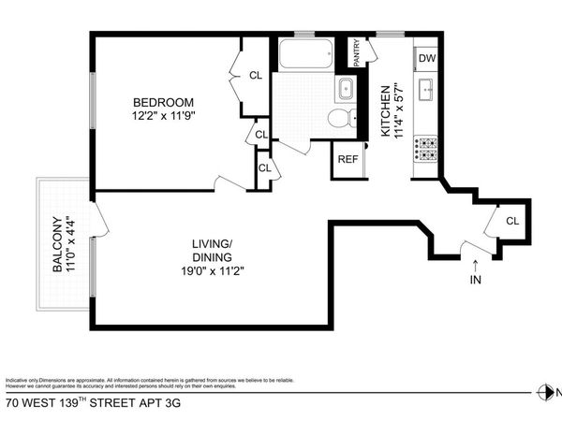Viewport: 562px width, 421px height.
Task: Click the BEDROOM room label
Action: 163,102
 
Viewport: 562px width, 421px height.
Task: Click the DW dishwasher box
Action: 427,59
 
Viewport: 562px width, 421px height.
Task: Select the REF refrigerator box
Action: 348,159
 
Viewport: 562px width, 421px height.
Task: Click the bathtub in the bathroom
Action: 307,54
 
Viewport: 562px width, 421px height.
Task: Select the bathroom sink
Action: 344,90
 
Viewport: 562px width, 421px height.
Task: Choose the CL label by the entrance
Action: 512,221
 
